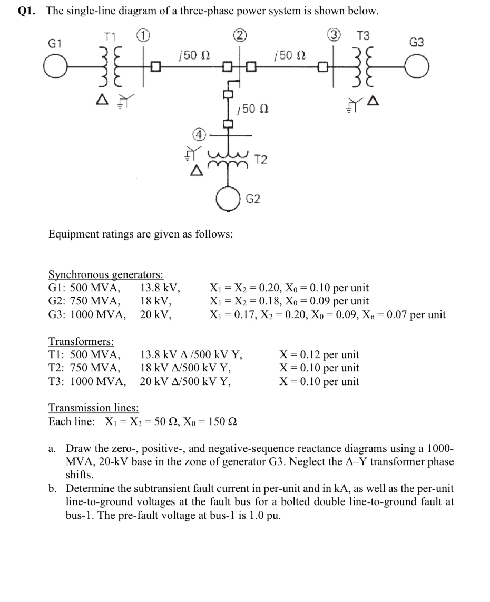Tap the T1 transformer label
coord(110,37)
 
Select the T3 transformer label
coord(364,36)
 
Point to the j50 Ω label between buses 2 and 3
coord(288,55)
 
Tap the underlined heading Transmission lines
coord(94,408)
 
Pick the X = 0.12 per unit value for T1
coord(319,355)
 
